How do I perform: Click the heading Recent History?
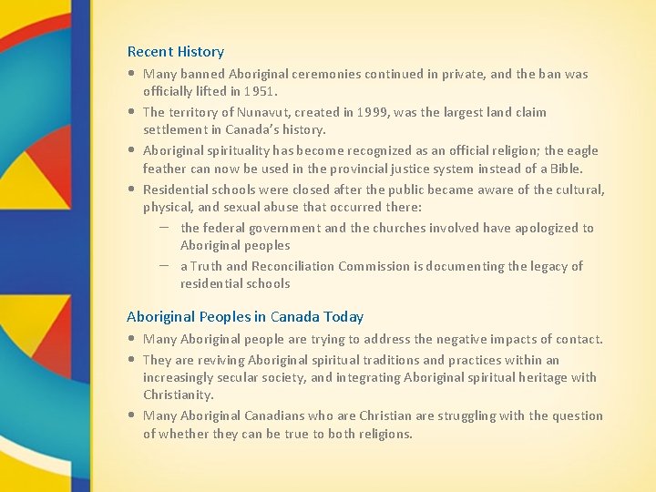coord(175,52)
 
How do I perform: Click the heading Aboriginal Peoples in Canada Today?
coord(244,317)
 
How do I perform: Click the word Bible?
coord(564,169)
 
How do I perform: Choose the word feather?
coord(166,169)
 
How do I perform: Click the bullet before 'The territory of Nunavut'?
coord(133,112)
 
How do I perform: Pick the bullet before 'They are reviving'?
coord(133,360)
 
